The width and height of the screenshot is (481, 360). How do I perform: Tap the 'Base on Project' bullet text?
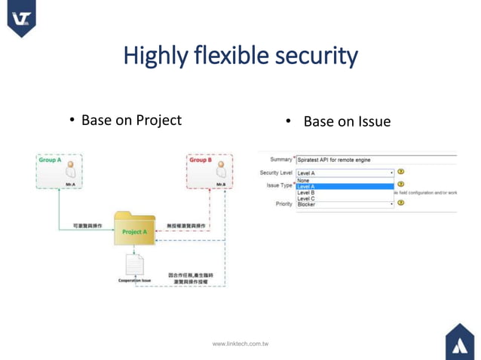(131, 121)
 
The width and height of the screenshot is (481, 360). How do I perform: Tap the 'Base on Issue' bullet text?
(347, 121)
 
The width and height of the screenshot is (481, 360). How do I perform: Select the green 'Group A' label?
(50, 160)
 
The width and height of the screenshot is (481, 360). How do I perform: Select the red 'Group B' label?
(201, 160)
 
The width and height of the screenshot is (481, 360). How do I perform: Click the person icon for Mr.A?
(69, 169)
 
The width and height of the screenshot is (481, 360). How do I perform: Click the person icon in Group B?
(220, 170)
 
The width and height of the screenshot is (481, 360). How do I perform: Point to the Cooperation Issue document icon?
(134, 264)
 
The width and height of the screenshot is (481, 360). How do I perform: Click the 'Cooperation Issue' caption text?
(134, 281)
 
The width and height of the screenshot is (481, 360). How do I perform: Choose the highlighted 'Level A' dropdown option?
(344, 187)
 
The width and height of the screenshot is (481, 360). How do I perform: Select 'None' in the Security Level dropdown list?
(344, 181)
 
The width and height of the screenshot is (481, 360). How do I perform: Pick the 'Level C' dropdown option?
(344, 199)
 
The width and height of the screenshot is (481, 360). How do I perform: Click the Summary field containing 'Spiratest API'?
(375, 160)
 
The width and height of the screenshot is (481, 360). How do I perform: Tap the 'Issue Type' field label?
(278, 185)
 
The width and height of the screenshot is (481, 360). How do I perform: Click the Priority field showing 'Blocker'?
(344, 204)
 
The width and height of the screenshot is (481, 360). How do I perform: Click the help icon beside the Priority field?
(401, 203)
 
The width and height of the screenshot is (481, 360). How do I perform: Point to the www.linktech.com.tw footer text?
(240, 343)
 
